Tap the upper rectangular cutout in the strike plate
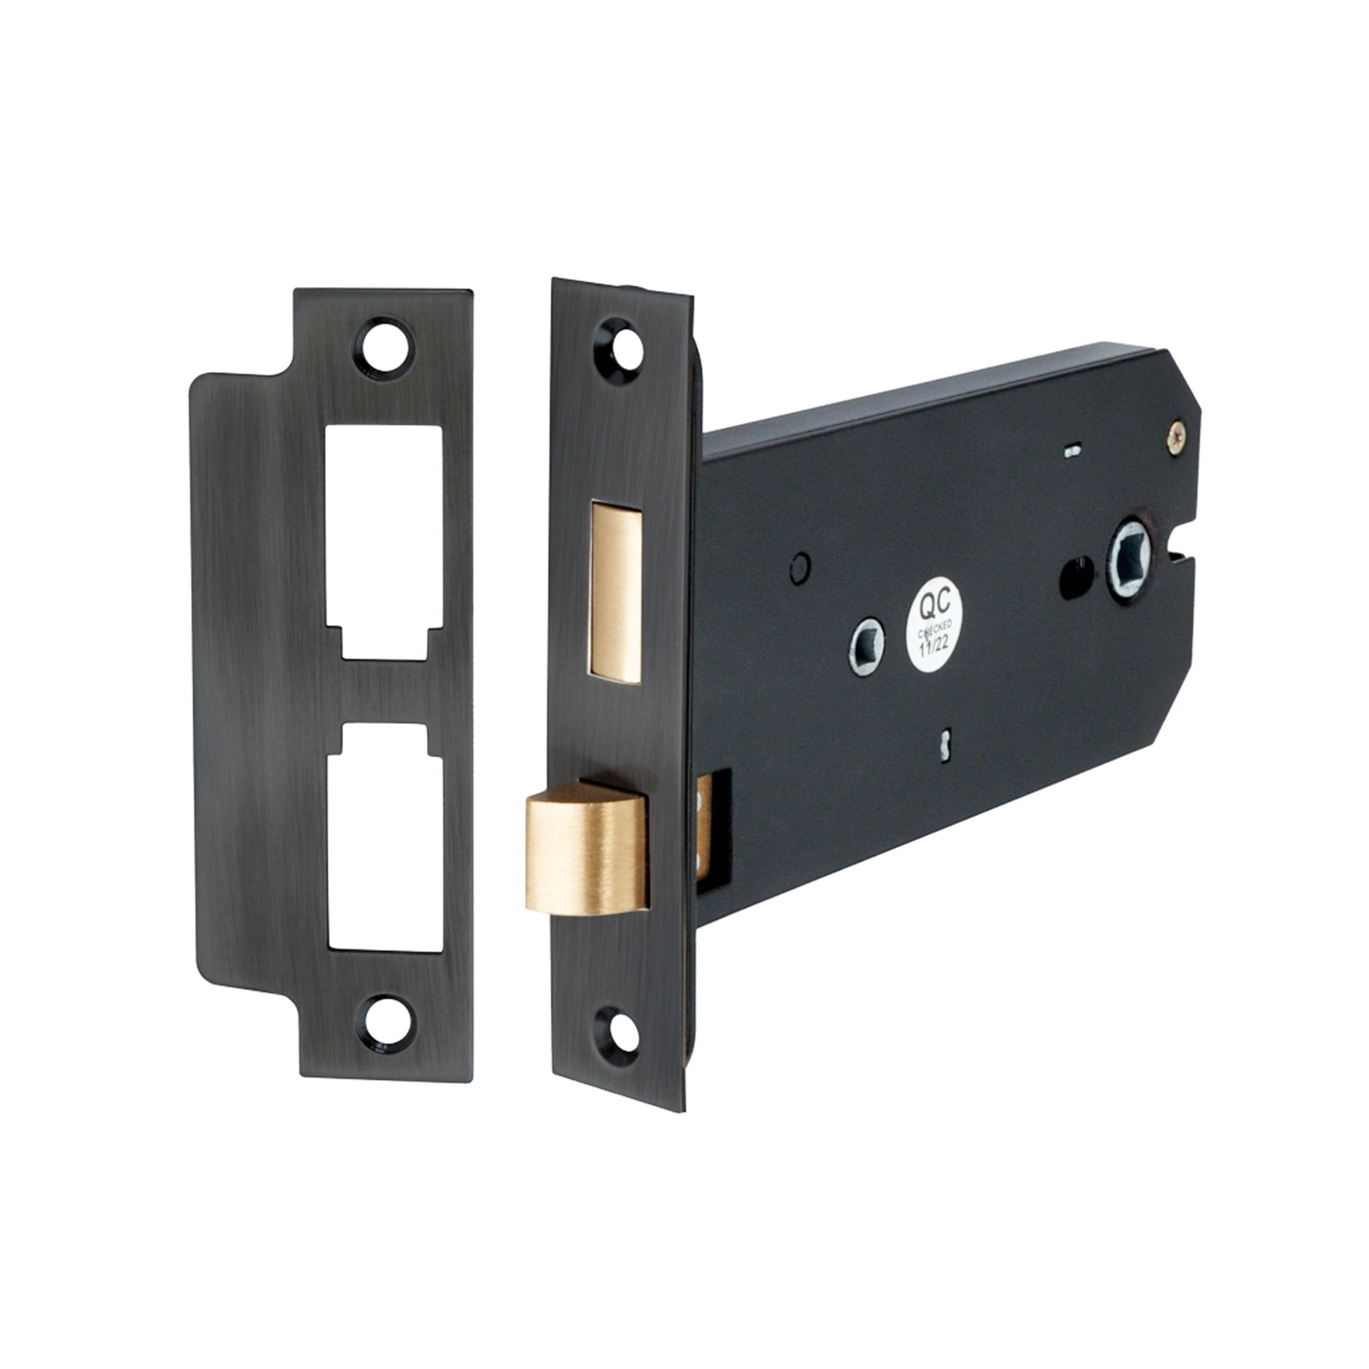pyautogui.click(x=384, y=543)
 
